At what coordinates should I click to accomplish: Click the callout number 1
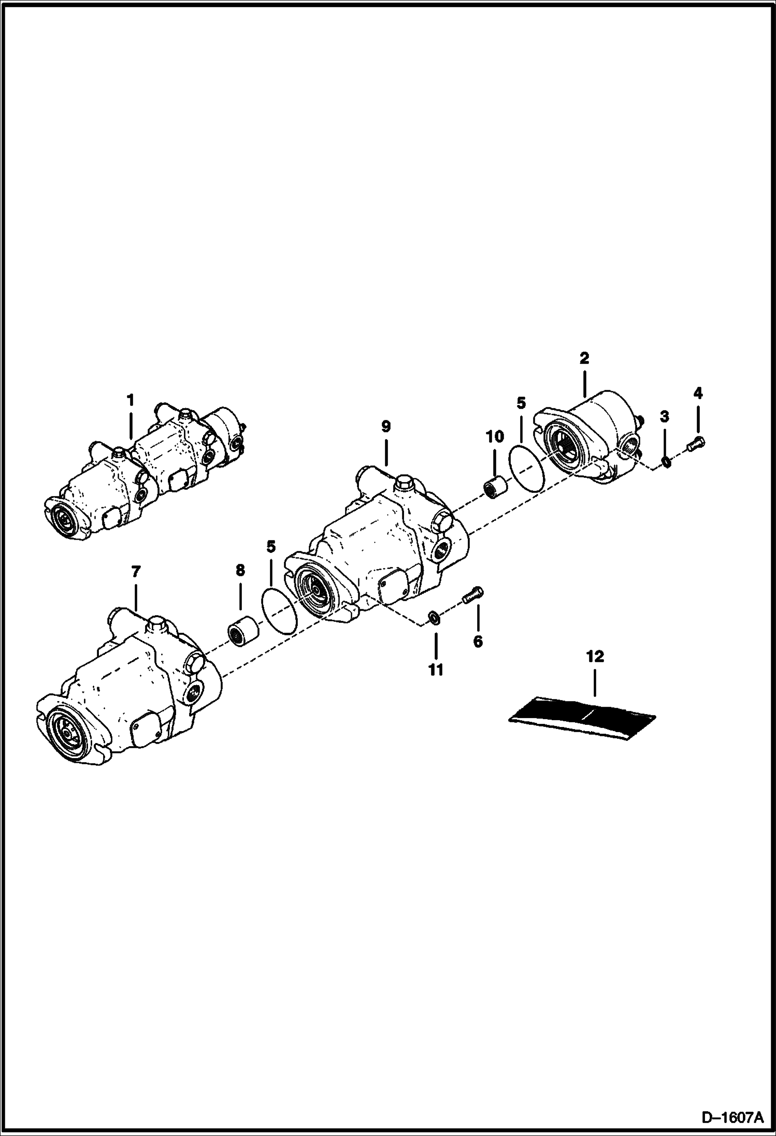(x=130, y=400)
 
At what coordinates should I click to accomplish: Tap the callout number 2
(x=584, y=358)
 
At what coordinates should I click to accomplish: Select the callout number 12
(x=595, y=657)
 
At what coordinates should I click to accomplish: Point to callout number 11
(x=436, y=670)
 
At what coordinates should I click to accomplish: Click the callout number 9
(x=385, y=427)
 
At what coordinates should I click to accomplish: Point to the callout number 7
(x=135, y=572)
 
